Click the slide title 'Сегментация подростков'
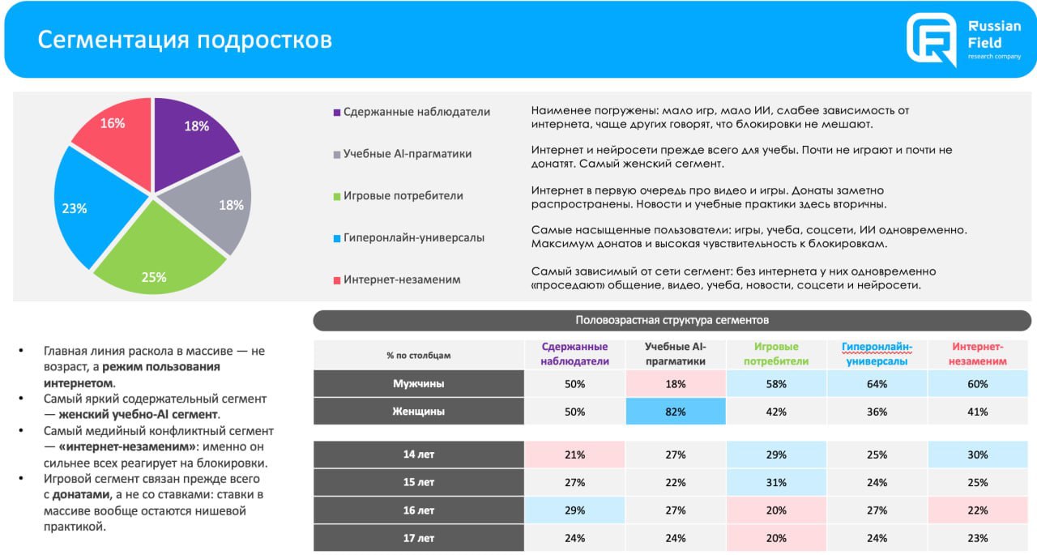click(185, 40)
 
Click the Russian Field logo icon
click(931, 39)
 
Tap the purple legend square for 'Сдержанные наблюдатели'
click(336, 113)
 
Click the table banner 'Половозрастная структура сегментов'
click(672, 320)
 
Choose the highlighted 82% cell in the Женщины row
click(676, 412)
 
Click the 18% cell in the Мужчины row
click(676, 384)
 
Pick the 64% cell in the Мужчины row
click(877, 384)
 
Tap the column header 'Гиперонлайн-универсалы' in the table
click(877, 354)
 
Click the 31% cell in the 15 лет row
click(776, 483)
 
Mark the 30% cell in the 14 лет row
click(978, 455)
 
